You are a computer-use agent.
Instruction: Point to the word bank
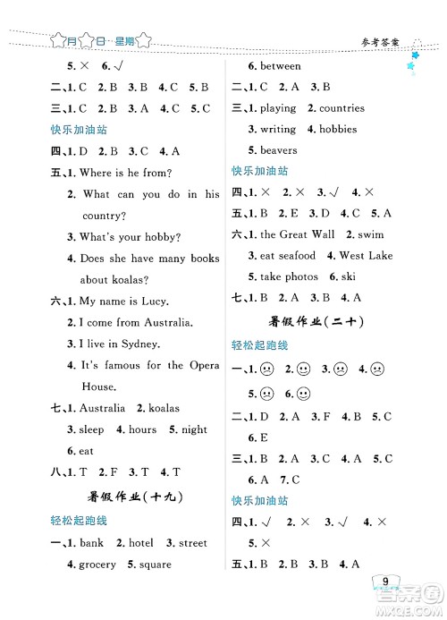pos(91,542)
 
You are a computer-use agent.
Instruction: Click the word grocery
pos(97,564)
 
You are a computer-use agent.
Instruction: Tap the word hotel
pos(141,542)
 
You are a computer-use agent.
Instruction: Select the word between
pos(280,65)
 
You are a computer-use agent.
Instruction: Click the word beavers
pos(279,150)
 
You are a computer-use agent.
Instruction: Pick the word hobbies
pos(338,129)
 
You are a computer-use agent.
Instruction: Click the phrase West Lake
pos(366,256)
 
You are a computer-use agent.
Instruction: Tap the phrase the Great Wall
pos(297,234)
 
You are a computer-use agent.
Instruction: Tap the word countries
pos(342,108)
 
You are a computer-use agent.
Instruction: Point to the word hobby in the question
pos(164,237)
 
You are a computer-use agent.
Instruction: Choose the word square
pos(154,564)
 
